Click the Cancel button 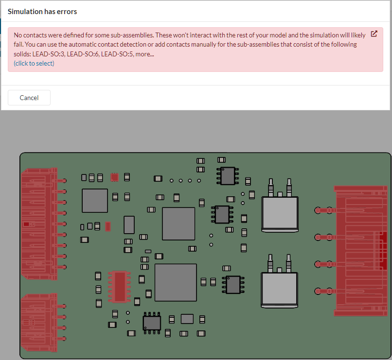tap(29, 98)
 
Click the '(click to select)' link tap(34, 63)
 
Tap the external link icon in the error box tap(374, 34)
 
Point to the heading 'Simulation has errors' tap(42, 11)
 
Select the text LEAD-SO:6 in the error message tap(83, 53)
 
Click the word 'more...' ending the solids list tap(145, 53)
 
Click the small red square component tap(114, 177)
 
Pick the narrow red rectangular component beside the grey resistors tap(108, 226)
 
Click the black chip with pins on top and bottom tap(152, 323)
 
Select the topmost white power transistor tap(280, 212)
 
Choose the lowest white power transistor tap(279, 288)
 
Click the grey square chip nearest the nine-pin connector tap(95, 201)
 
